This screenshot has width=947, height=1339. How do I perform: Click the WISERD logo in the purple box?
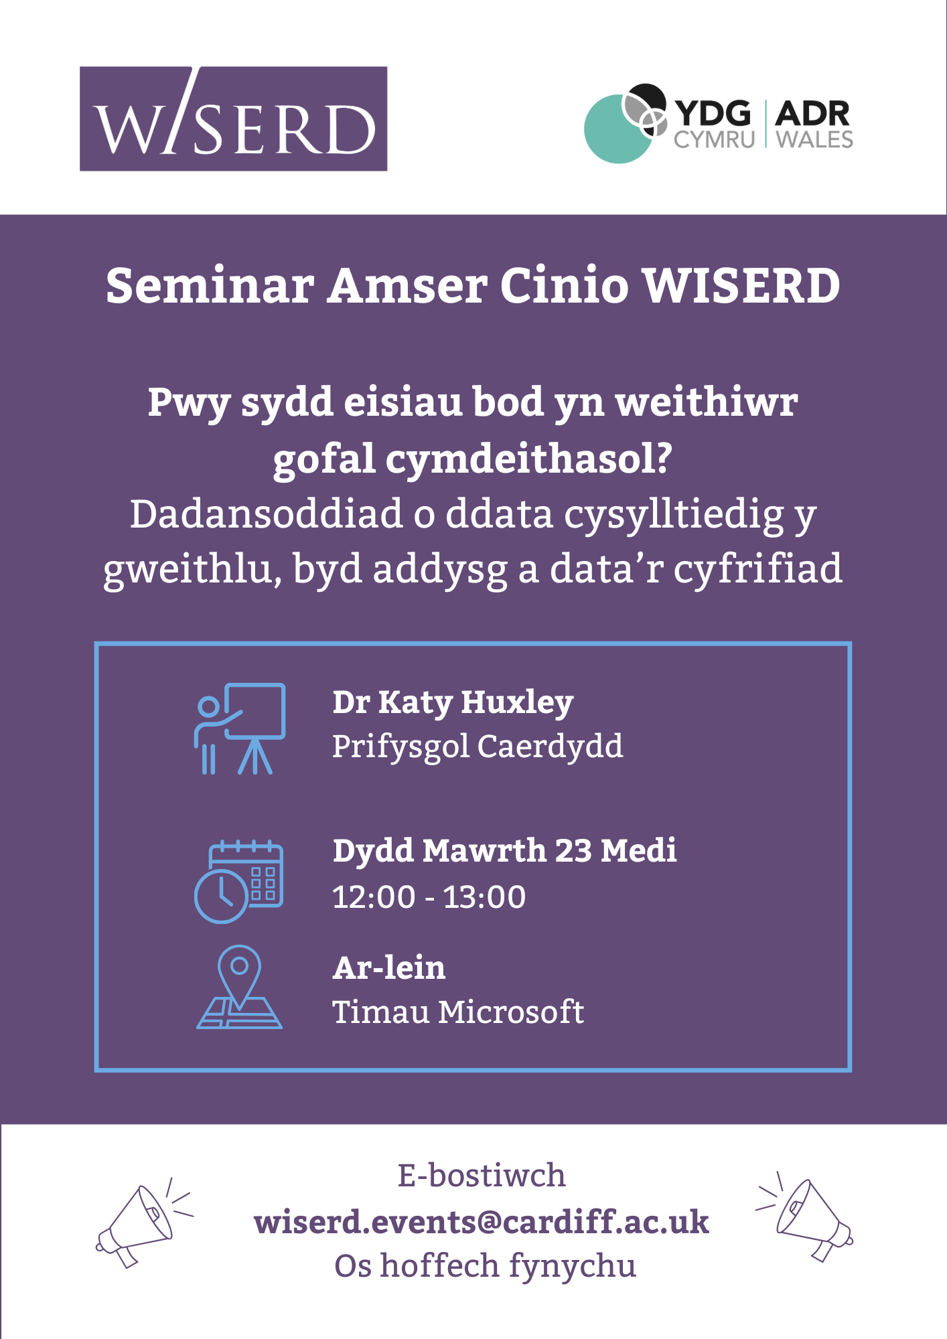[233, 119]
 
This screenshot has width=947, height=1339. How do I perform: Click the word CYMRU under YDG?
[714, 139]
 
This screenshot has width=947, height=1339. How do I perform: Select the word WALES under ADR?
[814, 139]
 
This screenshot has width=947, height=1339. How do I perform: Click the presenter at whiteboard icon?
[240, 728]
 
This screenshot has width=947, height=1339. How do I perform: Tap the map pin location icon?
[239, 986]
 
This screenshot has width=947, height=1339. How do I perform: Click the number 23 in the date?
[573, 851]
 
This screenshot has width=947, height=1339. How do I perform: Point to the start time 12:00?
[374, 897]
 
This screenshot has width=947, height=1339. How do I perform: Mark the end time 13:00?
[485, 897]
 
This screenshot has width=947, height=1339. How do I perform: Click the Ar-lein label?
[389, 968]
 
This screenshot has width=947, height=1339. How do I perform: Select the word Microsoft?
[510, 1012]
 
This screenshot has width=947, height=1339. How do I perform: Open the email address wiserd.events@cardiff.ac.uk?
[482, 1222]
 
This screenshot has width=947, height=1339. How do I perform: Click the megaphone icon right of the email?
[804, 1217]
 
